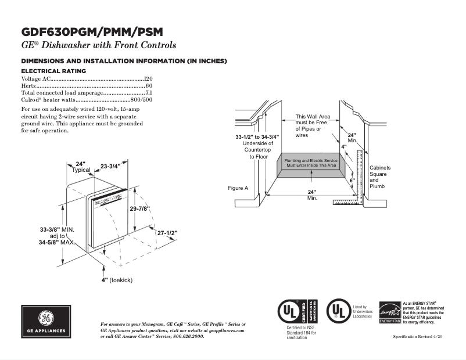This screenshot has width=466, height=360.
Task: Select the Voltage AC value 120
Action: (148, 78)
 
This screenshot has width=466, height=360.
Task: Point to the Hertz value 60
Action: (149, 85)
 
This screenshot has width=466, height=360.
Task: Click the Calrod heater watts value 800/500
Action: (142, 100)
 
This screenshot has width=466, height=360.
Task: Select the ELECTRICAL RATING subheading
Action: (53, 71)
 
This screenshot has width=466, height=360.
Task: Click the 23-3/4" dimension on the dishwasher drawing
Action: (110, 166)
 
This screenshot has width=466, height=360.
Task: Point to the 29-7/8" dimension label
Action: (139, 208)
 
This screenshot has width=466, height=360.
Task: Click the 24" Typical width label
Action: (81, 167)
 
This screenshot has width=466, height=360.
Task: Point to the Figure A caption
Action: (238, 188)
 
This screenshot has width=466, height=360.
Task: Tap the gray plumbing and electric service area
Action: (310, 163)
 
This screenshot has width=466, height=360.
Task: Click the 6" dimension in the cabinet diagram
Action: (352, 181)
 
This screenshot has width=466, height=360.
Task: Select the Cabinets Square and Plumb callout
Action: (380, 177)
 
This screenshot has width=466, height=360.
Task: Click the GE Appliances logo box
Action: (45, 322)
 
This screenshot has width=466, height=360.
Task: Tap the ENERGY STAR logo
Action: (389, 313)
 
